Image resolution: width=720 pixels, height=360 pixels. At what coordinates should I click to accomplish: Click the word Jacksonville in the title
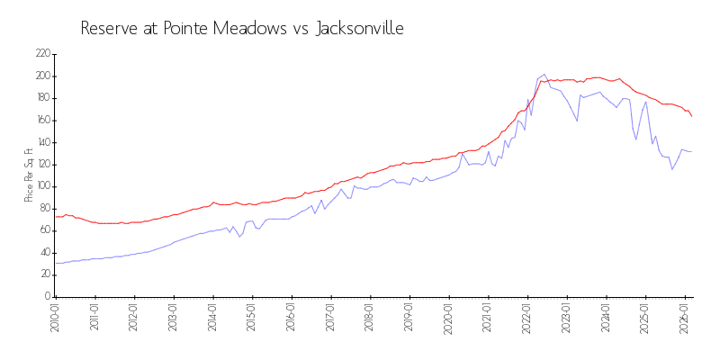pyautogui.click(x=360, y=28)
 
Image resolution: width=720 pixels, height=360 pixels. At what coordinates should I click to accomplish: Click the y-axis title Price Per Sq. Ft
pyautogui.click(x=29, y=175)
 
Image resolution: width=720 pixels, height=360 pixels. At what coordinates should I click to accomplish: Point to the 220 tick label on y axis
pyautogui.click(x=42, y=54)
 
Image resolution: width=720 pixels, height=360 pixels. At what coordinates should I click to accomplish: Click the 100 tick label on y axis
pyautogui.click(x=42, y=186)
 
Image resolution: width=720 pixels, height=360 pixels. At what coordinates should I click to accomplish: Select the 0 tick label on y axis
pyautogui.click(x=47, y=296)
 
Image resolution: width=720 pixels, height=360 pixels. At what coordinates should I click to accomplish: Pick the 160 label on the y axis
pyautogui.click(x=42, y=120)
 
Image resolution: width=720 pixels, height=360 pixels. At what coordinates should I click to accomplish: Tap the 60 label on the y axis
pyautogui.click(x=44, y=230)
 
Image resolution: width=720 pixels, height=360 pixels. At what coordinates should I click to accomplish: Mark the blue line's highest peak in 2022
pyautogui.click(x=544, y=74)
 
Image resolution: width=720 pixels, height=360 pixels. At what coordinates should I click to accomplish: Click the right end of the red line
pyautogui.click(x=691, y=116)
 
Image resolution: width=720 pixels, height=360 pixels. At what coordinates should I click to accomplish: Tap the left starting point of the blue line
pyautogui.click(x=55, y=263)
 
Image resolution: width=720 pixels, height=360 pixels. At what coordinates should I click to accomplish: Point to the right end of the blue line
pyautogui.click(x=691, y=151)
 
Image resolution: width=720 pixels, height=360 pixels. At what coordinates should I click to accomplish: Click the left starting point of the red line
pyautogui.click(x=55, y=216)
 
